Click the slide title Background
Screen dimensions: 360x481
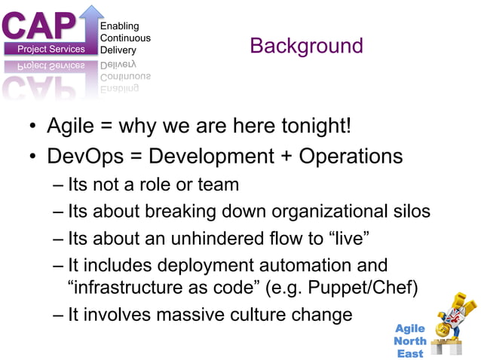[x=306, y=46]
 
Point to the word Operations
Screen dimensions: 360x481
[x=351, y=157]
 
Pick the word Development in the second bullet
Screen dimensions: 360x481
[x=213, y=157]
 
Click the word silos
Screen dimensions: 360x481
[x=410, y=212]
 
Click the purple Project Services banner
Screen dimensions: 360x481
[x=50, y=50]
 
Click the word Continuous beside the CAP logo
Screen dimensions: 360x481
[x=125, y=38]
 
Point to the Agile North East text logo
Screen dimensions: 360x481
[x=411, y=340]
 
